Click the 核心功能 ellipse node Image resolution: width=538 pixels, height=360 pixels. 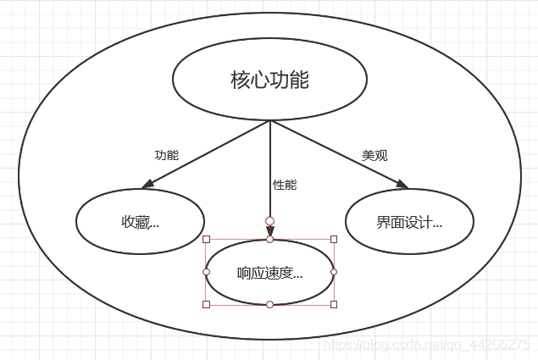[x=269, y=80]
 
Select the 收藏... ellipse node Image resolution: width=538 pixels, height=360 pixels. [x=140, y=222]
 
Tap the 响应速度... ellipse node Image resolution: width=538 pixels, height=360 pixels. [x=269, y=272]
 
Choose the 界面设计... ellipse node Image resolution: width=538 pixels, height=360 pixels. [x=409, y=222]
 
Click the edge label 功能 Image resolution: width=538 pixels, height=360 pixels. [x=166, y=155]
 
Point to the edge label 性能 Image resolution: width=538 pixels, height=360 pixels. [x=285, y=184]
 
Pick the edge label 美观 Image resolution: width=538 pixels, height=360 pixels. [x=374, y=155]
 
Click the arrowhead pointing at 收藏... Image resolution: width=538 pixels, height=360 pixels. [x=147, y=184]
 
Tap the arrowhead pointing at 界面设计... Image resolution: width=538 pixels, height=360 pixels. [x=401, y=185]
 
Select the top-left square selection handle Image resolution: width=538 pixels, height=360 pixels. [x=206, y=240]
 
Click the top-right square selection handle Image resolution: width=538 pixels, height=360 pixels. [x=334, y=240]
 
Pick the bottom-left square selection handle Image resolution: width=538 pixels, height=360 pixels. [x=206, y=304]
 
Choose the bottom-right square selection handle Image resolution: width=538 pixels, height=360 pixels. [x=334, y=304]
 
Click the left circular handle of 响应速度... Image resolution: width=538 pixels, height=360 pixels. [x=206, y=272]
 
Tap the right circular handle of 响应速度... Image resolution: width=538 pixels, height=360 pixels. [x=334, y=272]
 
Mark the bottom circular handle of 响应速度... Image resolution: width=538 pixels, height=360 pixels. [x=269, y=304]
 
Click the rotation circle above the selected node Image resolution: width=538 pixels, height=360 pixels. [x=269, y=221]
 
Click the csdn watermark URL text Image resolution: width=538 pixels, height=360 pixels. [x=428, y=345]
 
